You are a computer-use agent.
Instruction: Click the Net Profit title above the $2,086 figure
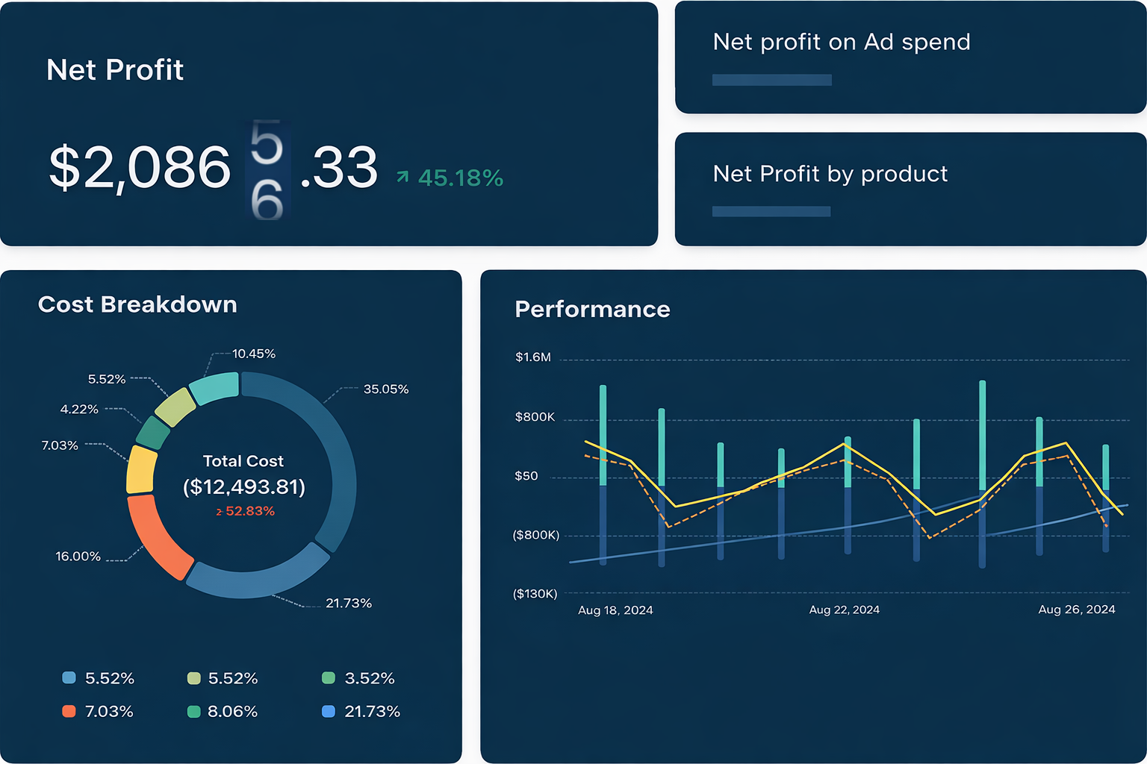click(115, 70)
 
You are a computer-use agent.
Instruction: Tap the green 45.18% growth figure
click(460, 178)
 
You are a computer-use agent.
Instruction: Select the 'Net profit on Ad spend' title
click(842, 42)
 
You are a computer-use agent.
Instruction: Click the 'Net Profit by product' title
click(830, 174)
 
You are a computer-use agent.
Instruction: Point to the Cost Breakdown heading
click(137, 304)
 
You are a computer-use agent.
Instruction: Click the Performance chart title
click(592, 310)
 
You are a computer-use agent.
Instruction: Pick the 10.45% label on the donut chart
click(254, 354)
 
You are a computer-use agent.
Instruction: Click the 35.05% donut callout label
click(385, 389)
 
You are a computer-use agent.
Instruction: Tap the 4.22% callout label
click(79, 410)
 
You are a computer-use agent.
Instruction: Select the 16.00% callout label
click(78, 557)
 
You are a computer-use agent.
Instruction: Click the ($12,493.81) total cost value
click(244, 487)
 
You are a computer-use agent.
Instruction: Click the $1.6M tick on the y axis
click(533, 357)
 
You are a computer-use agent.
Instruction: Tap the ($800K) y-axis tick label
click(535, 535)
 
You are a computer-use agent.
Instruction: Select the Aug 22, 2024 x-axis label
click(844, 610)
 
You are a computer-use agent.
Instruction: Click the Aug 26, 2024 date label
click(1076, 610)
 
